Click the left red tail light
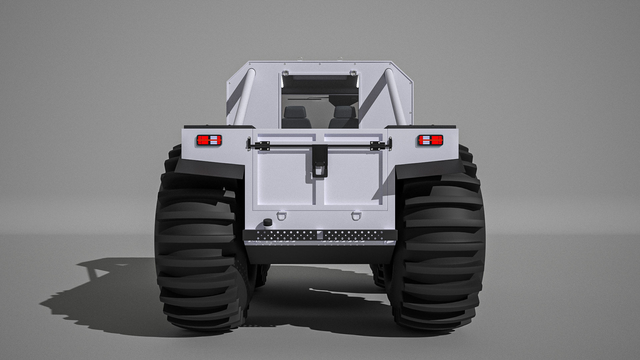pos(209,140)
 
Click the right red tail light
pos(430,140)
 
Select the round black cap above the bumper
pos(267,223)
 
